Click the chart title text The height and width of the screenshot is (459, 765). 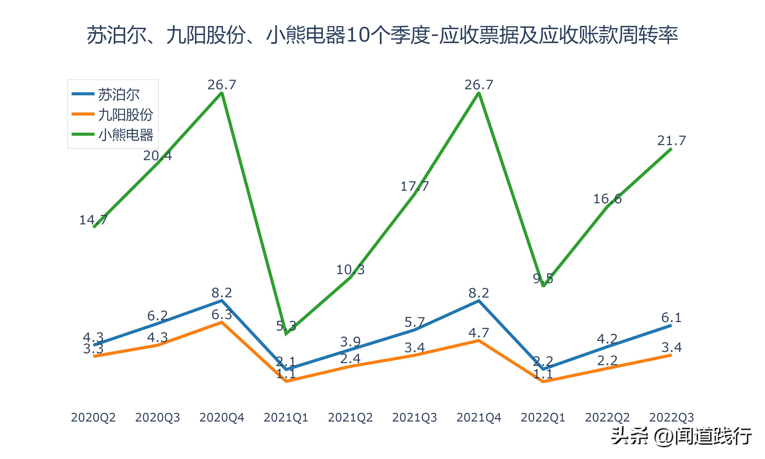pos(382,35)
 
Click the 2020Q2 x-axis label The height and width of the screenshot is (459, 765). pos(93,417)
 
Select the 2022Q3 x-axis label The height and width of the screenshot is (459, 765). pos(671,417)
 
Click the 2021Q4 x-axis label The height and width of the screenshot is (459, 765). pos(479,417)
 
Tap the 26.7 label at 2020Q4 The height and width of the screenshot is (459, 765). pos(222,85)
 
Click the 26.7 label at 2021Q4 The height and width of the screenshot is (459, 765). pos(479,85)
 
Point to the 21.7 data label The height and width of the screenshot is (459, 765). pos(671,141)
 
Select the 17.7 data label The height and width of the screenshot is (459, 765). pos(414,186)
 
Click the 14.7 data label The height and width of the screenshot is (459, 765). pos(93,220)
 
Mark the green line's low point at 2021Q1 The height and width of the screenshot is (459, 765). pos(286,334)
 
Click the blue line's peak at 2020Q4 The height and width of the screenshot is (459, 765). pos(222,300)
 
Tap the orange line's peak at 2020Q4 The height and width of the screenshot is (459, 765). pos(222,322)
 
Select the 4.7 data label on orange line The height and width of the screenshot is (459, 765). pos(479,333)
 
